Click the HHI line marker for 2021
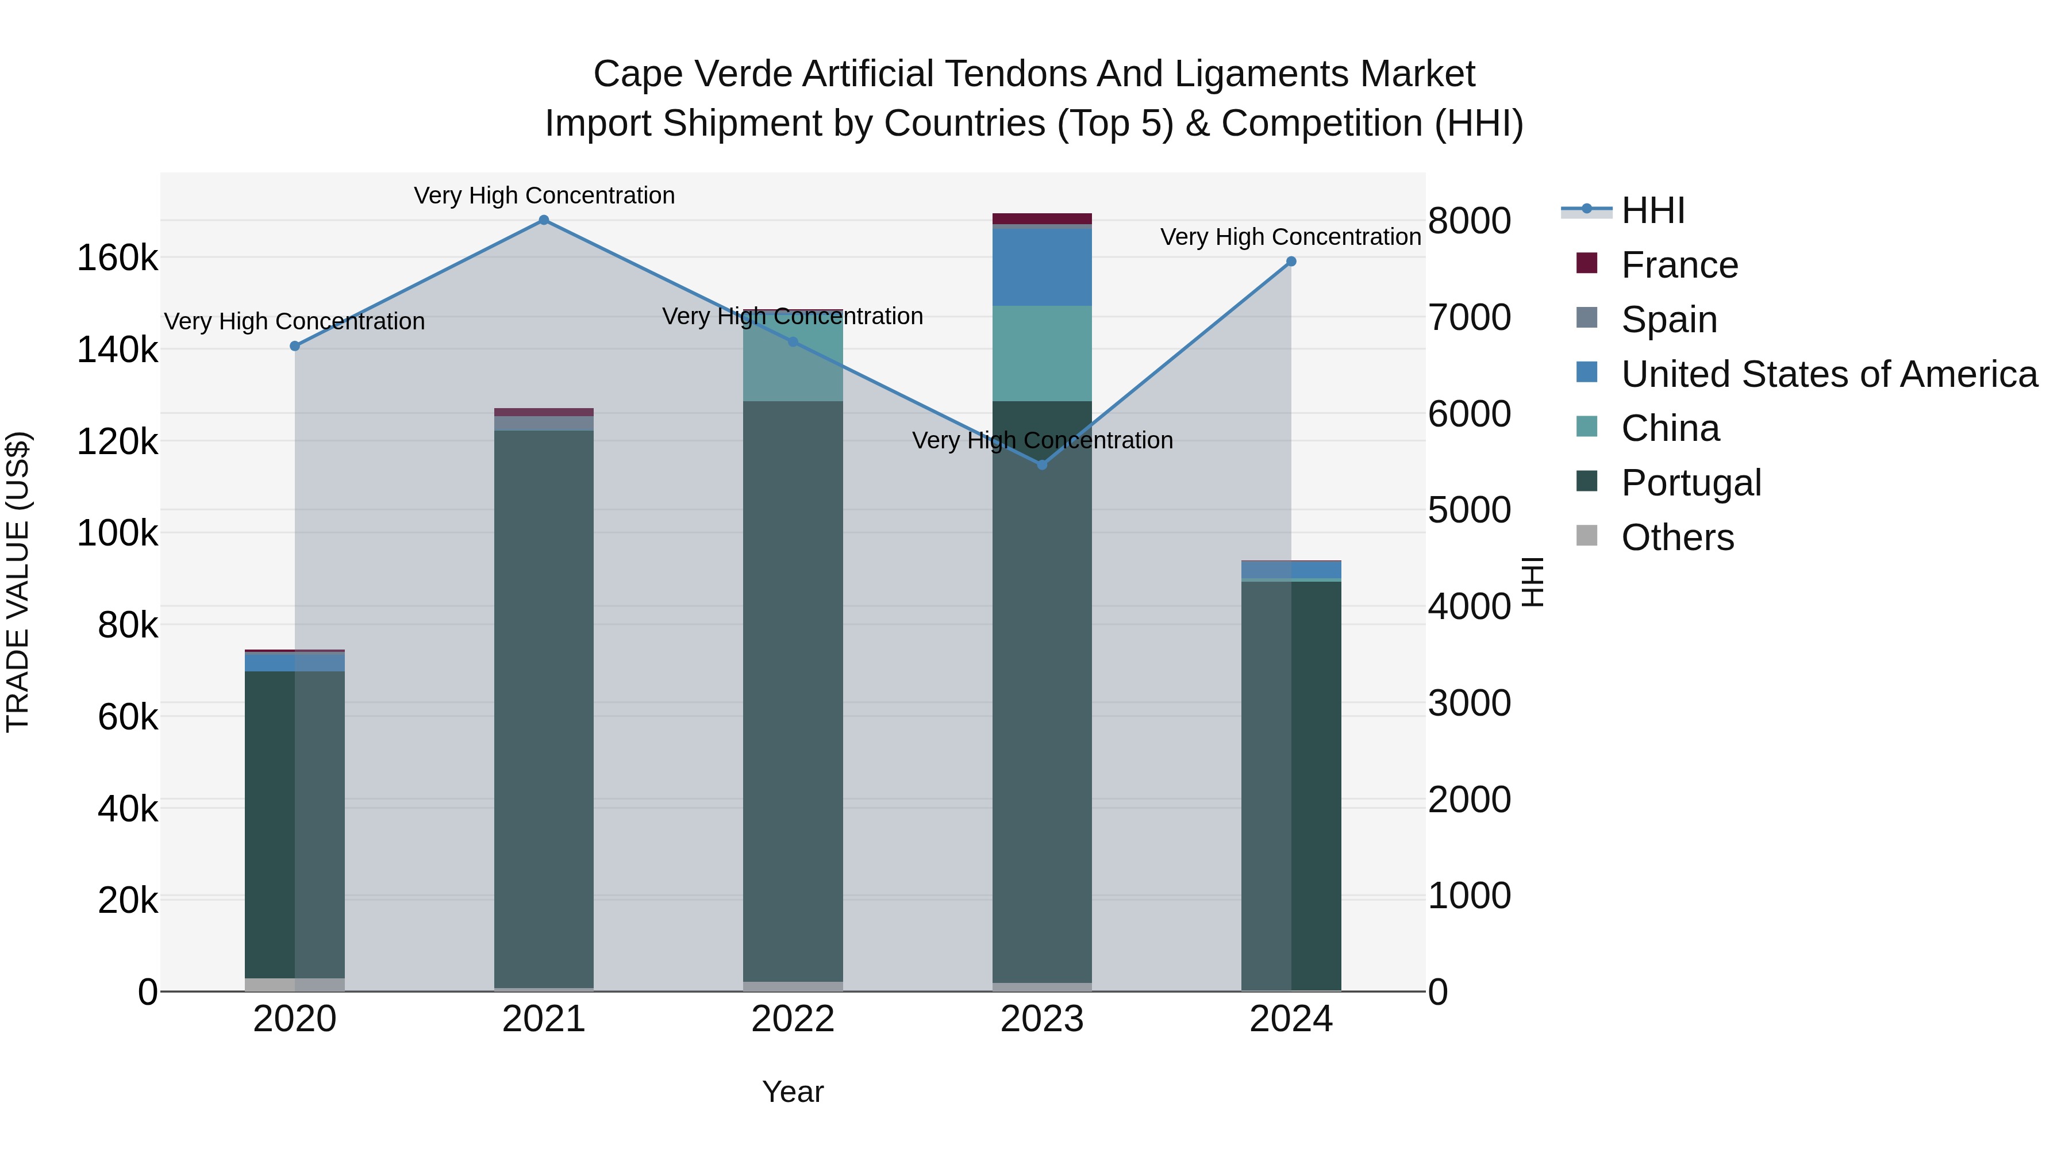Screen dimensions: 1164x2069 544,220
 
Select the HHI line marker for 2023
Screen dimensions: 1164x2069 1042,465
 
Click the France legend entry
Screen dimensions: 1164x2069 1679,265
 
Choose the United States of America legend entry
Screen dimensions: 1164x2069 1828,374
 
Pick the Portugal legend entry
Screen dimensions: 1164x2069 1691,483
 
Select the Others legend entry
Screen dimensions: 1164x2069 1677,537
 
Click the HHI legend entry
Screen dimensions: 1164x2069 1652,210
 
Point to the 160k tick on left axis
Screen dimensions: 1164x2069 117,259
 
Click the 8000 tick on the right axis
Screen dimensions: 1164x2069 1469,221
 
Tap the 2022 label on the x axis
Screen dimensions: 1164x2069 793,1019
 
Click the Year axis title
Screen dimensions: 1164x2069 793,1092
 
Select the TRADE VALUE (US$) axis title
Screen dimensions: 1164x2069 18,582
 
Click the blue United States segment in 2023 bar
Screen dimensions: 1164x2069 1042,267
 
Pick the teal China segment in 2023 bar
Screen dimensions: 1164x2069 1042,354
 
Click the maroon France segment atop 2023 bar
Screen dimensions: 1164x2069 1042,218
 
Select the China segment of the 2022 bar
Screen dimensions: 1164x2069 793,358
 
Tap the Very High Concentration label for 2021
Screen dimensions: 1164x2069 544,195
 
